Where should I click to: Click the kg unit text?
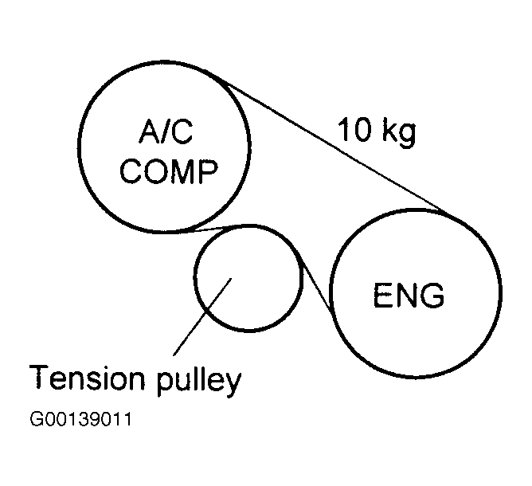click(397, 133)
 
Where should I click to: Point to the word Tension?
click(85, 380)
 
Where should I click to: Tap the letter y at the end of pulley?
click(231, 384)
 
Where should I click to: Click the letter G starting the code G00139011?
click(36, 420)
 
